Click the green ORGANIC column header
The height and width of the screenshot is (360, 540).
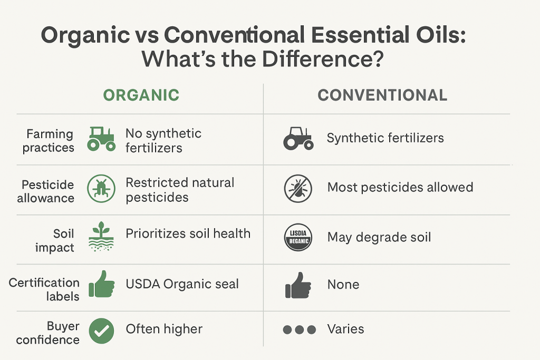click(141, 95)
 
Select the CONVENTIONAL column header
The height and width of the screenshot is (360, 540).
click(382, 95)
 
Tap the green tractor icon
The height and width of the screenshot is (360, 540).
click(101, 139)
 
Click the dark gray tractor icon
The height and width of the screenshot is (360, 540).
click(298, 139)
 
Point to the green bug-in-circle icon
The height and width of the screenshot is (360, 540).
click(101, 189)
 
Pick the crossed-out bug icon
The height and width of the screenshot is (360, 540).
click(298, 188)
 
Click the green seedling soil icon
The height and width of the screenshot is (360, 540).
click(101, 236)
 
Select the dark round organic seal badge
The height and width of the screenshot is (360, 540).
click(298, 237)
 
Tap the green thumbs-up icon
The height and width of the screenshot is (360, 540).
click(101, 285)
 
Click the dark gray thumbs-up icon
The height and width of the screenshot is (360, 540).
click(298, 285)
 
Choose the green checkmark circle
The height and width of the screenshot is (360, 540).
click(101, 330)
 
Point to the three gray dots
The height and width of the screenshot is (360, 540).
click(299, 330)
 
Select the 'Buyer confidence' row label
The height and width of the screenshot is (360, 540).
click(48, 333)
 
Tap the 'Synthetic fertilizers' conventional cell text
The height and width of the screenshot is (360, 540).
click(385, 139)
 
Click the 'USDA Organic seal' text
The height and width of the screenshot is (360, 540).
click(182, 285)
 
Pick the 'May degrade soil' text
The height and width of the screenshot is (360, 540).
click(379, 237)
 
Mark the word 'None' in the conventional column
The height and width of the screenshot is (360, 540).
click(343, 285)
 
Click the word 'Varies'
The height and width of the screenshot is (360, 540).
click(345, 329)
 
